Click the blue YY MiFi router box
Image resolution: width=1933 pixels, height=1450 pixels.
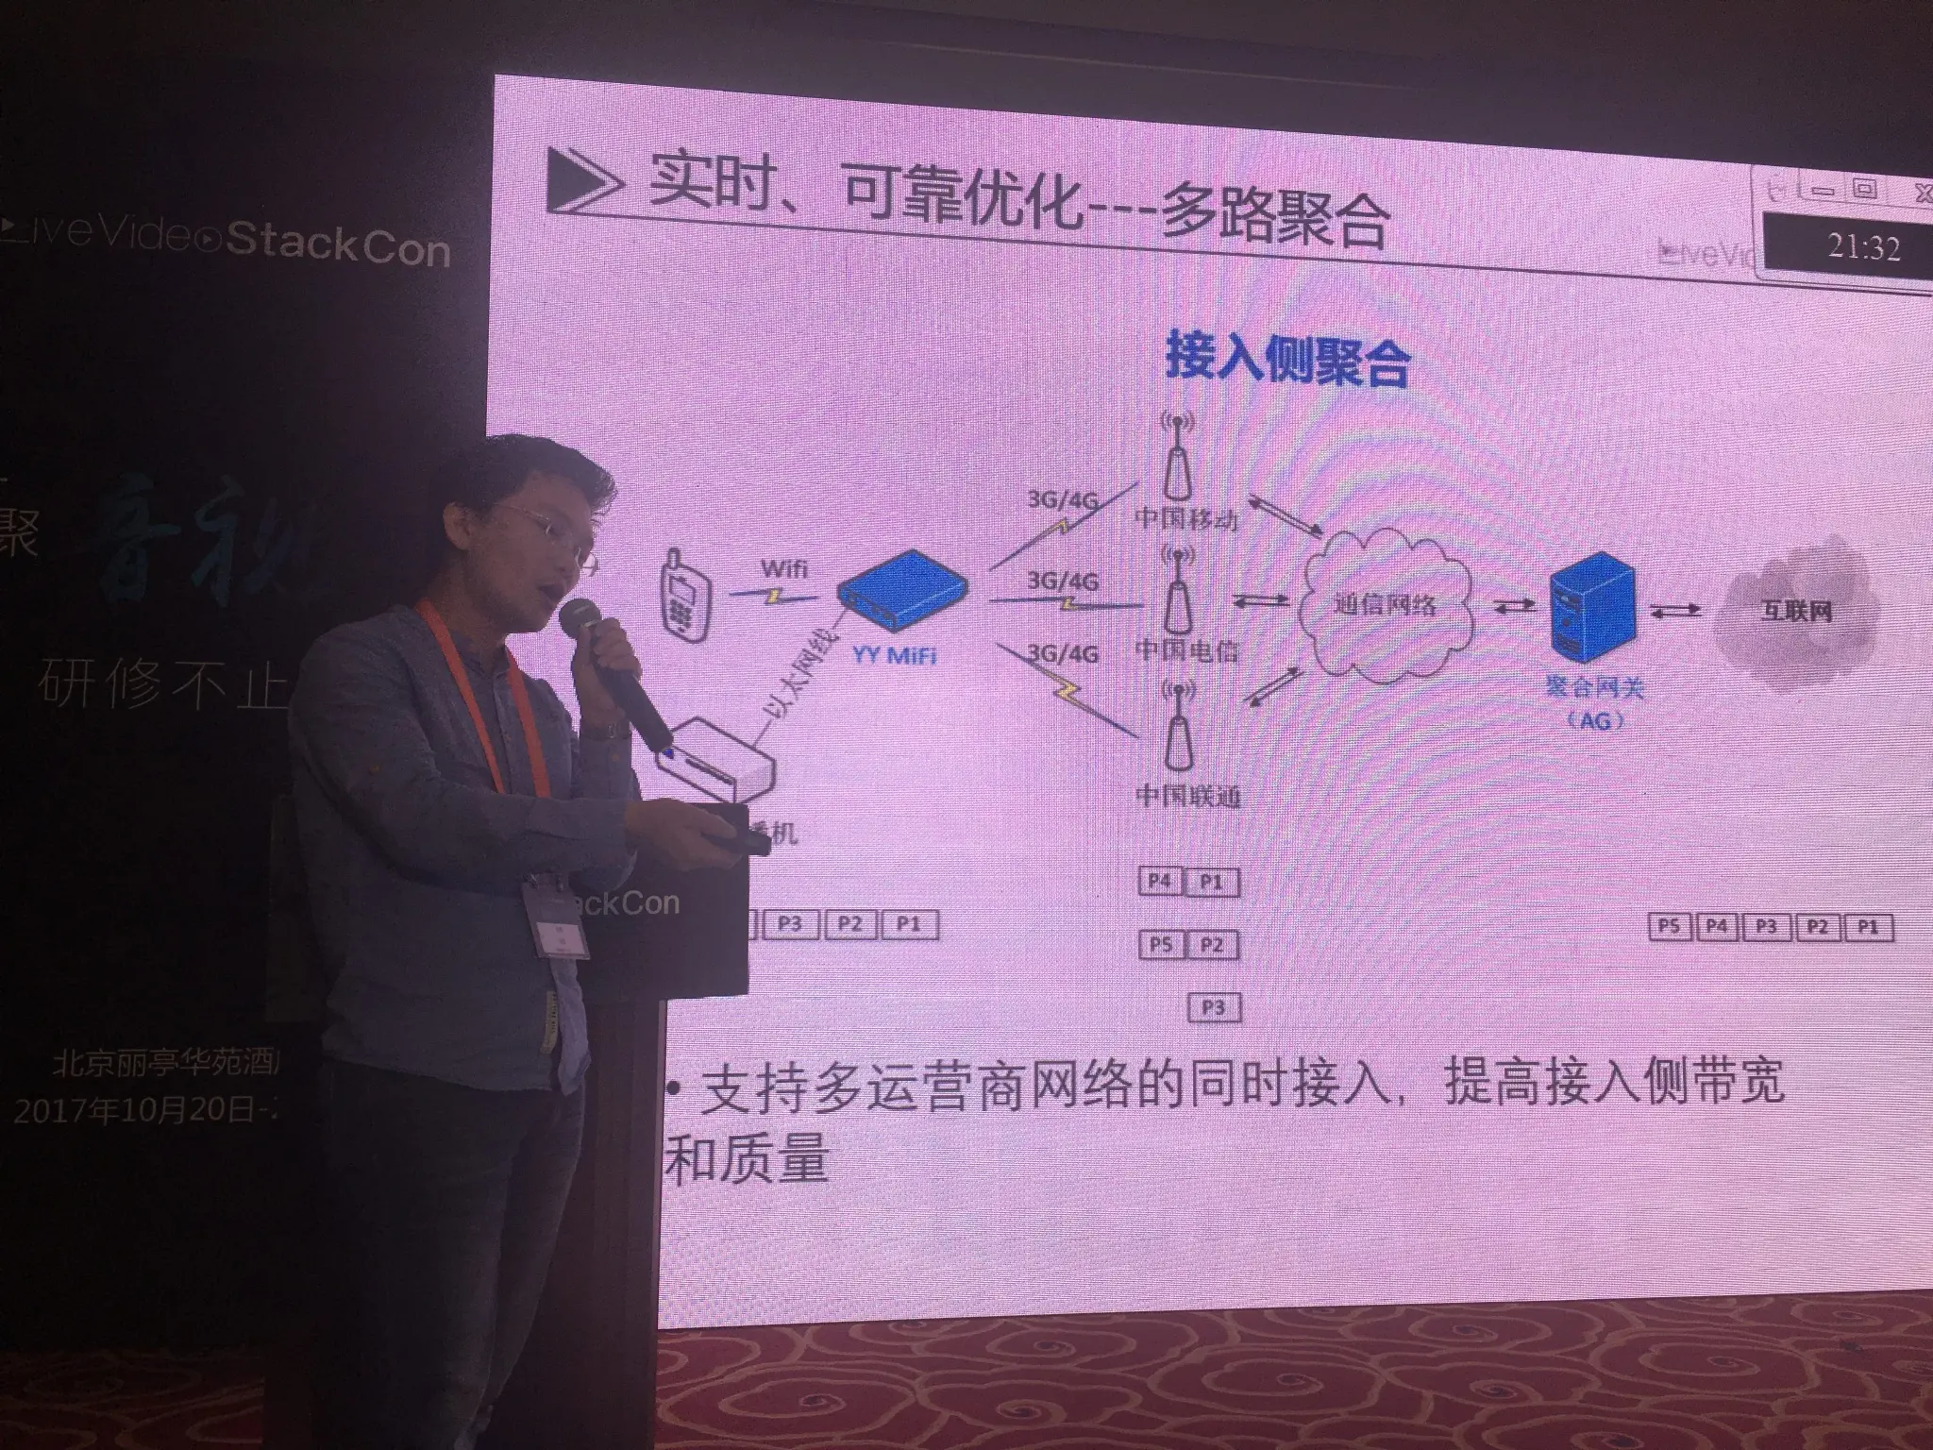(x=901, y=591)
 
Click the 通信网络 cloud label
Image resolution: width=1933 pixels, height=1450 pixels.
(x=1385, y=604)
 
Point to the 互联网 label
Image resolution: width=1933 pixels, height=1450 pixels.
(x=1796, y=611)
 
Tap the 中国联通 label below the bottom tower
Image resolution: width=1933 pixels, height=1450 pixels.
(x=1187, y=796)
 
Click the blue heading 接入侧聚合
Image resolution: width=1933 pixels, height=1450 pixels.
(x=1287, y=360)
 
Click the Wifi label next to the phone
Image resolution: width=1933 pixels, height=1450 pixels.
(x=783, y=568)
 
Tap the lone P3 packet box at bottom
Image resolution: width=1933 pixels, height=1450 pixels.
(x=1213, y=1007)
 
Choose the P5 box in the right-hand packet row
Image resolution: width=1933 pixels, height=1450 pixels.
(x=1668, y=926)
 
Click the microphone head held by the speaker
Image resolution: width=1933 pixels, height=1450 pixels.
(x=579, y=621)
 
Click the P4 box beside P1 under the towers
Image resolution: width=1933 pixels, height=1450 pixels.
(x=1159, y=882)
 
